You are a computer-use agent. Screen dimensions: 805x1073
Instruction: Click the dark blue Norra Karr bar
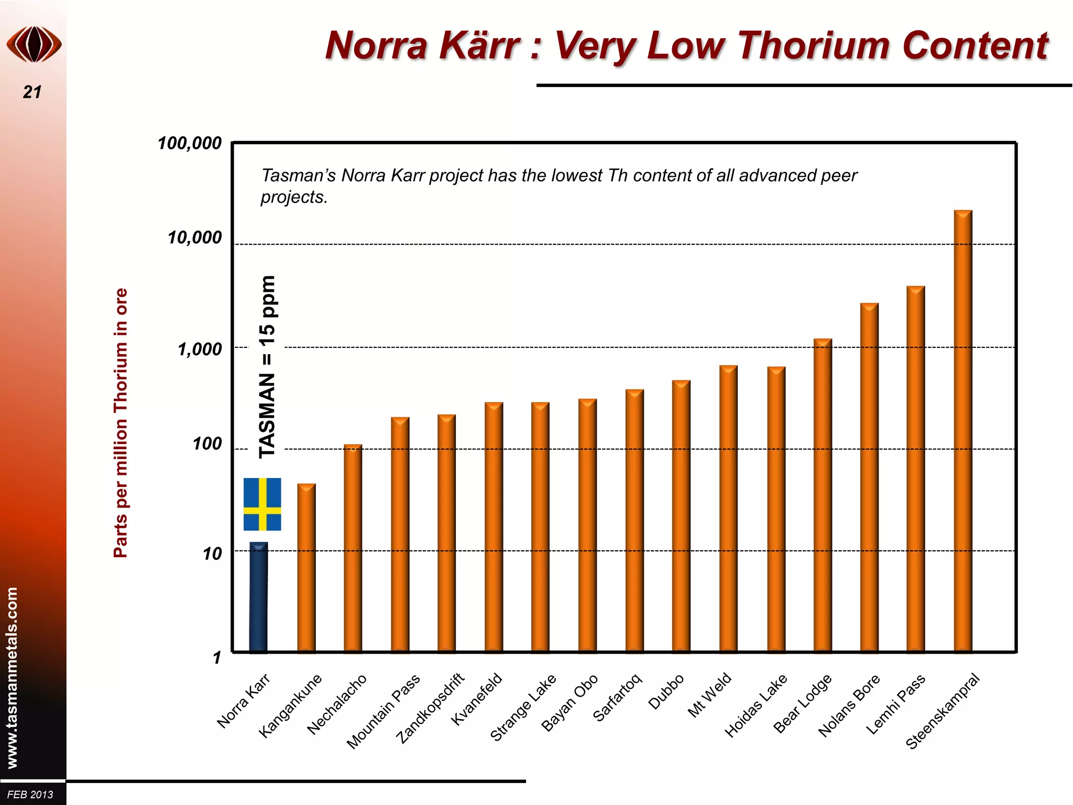pyautogui.click(x=258, y=597)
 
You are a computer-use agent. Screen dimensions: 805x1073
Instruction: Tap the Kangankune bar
pyautogui.click(x=306, y=568)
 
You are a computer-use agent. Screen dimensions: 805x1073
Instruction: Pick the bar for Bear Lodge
pyautogui.click(x=823, y=495)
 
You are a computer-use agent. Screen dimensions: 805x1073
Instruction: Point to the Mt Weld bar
pyautogui.click(x=728, y=508)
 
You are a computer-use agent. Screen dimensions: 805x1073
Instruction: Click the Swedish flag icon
pyautogui.click(x=262, y=504)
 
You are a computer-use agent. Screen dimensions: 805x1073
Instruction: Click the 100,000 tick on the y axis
pyautogui.click(x=190, y=143)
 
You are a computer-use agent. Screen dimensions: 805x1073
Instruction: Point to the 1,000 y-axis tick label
pyautogui.click(x=200, y=349)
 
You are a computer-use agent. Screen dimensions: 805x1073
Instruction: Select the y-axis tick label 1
pyautogui.click(x=217, y=657)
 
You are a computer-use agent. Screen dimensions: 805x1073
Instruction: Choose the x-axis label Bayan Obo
pyautogui.click(x=570, y=702)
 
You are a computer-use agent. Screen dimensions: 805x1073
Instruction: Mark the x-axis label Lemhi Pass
pyautogui.click(x=896, y=704)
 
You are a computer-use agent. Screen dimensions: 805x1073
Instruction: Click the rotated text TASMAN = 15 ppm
pyautogui.click(x=267, y=367)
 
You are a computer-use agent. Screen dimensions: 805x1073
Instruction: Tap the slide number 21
pyautogui.click(x=32, y=92)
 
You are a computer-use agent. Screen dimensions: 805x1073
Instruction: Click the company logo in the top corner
pyautogui.click(x=34, y=45)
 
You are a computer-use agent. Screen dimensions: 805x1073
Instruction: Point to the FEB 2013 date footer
pyautogui.click(x=30, y=795)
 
